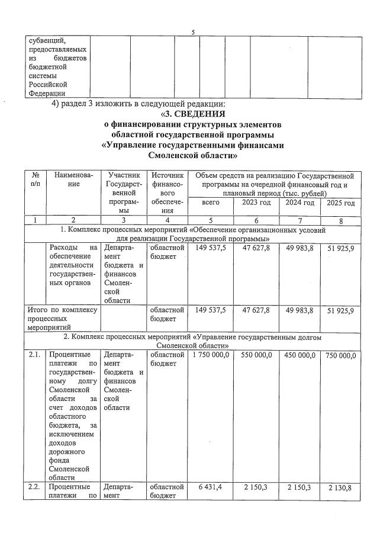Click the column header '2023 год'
tap(256, 203)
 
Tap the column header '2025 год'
tap(341, 203)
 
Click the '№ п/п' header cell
tap(36, 180)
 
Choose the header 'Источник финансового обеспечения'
tap(167, 192)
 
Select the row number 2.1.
tap(35, 354)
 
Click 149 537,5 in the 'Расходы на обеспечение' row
tap(211, 248)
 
